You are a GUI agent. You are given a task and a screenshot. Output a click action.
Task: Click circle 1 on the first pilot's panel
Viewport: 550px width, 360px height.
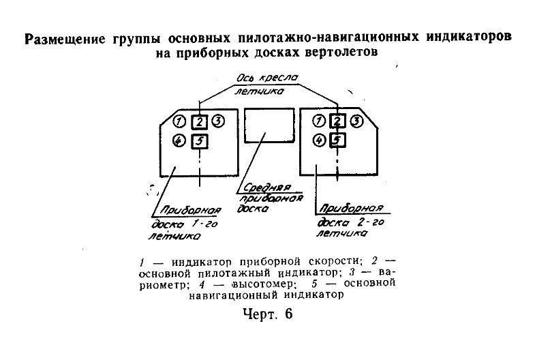tap(179, 122)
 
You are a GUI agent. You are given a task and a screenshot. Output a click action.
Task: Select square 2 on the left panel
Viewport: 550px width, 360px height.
tap(198, 122)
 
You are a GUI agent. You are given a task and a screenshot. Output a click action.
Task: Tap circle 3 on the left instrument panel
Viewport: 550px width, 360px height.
tap(218, 121)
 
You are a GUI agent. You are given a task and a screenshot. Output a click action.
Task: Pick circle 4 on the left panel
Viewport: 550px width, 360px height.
tap(179, 141)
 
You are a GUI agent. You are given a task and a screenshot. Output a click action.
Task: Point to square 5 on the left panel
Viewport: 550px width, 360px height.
tap(198, 141)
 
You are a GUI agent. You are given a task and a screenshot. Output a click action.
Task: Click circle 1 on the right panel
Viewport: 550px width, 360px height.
tap(318, 121)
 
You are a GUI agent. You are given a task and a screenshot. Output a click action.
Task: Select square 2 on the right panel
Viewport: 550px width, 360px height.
tap(338, 122)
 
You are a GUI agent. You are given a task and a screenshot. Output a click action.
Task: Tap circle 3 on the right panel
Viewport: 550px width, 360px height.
tap(357, 121)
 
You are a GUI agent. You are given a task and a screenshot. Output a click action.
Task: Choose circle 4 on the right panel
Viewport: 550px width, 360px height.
tap(318, 141)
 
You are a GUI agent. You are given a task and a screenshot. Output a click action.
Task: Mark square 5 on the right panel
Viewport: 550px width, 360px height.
tap(338, 141)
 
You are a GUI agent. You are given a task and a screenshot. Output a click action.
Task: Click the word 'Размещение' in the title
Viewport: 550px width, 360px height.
tap(65, 39)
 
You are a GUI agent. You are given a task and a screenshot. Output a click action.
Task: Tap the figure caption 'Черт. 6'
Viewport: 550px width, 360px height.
tap(266, 315)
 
